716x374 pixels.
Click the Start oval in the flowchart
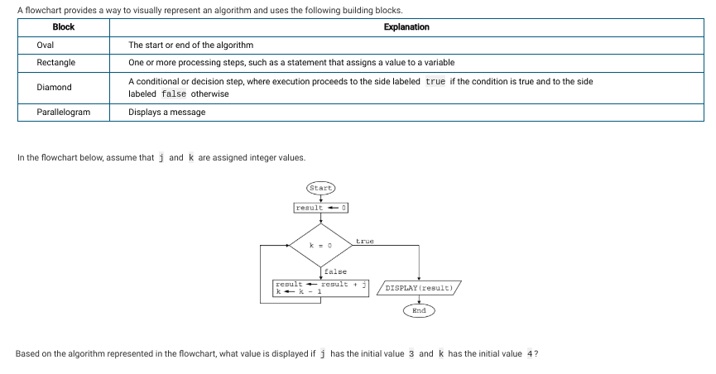click(320, 188)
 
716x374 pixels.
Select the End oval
click(419, 310)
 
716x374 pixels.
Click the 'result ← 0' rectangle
click(321, 208)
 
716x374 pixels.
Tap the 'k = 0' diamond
click(321, 245)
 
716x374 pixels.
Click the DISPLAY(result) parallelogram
click(419, 288)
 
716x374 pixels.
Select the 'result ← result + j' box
click(320, 288)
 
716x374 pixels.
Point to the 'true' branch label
click(365, 241)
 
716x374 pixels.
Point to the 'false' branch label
click(335, 271)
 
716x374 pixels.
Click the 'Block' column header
click(64, 27)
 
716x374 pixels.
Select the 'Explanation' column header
click(406, 27)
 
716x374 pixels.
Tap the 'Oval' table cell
click(46, 45)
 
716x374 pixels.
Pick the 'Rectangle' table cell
click(56, 62)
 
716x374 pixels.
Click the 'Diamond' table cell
click(54, 87)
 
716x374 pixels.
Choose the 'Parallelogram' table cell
click(64, 112)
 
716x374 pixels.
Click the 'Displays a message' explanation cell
click(166, 112)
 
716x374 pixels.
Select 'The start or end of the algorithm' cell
click(191, 45)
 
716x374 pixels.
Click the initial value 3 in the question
click(411, 354)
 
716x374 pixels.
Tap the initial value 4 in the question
click(530, 354)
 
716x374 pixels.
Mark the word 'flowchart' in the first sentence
click(43, 10)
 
